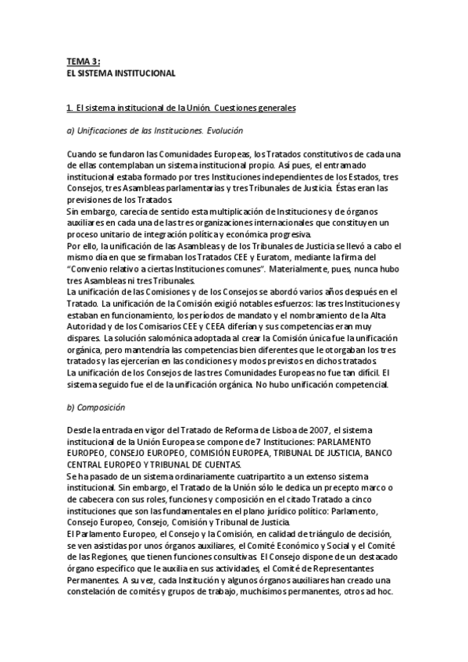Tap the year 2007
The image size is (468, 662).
coord(317,430)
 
